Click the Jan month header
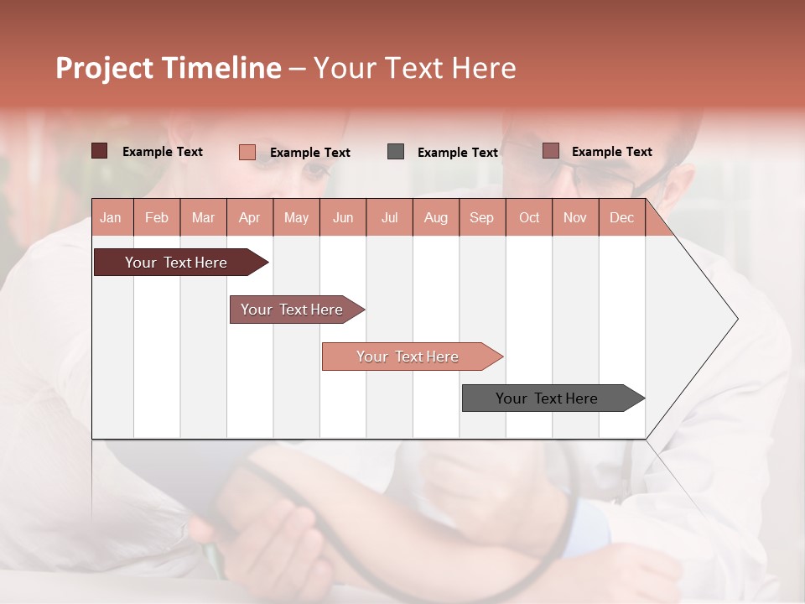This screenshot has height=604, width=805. pyautogui.click(x=111, y=218)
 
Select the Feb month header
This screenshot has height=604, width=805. pyautogui.click(x=157, y=218)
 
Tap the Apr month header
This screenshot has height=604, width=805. pyautogui.click(x=249, y=218)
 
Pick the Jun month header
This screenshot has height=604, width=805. pyautogui.click(x=343, y=218)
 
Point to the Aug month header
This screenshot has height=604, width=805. pyautogui.click(x=435, y=218)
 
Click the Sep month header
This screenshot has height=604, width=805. pyautogui.click(x=481, y=218)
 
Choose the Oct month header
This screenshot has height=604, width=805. pyautogui.click(x=529, y=218)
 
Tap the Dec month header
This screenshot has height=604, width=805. pyautogui.click(x=621, y=218)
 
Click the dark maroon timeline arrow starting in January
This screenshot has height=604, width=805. pyautogui.click(x=176, y=263)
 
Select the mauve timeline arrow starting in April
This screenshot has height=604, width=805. pyautogui.click(x=292, y=310)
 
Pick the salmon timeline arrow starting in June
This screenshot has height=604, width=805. pyautogui.click(x=408, y=357)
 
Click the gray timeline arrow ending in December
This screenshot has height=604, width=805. pyautogui.click(x=547, y=398)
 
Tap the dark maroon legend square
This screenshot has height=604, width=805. pyautogui.click(x=100, y=151)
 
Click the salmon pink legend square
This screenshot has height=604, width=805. pyautogui.click(x=247, y=152)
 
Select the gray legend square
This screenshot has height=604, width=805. pyautogui.click(x=396, y=152)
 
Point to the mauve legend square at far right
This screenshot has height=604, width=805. pyautogui.click(x=551, y=151)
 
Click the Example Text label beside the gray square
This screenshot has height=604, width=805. pyautogui.click(x=457, y=153)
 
